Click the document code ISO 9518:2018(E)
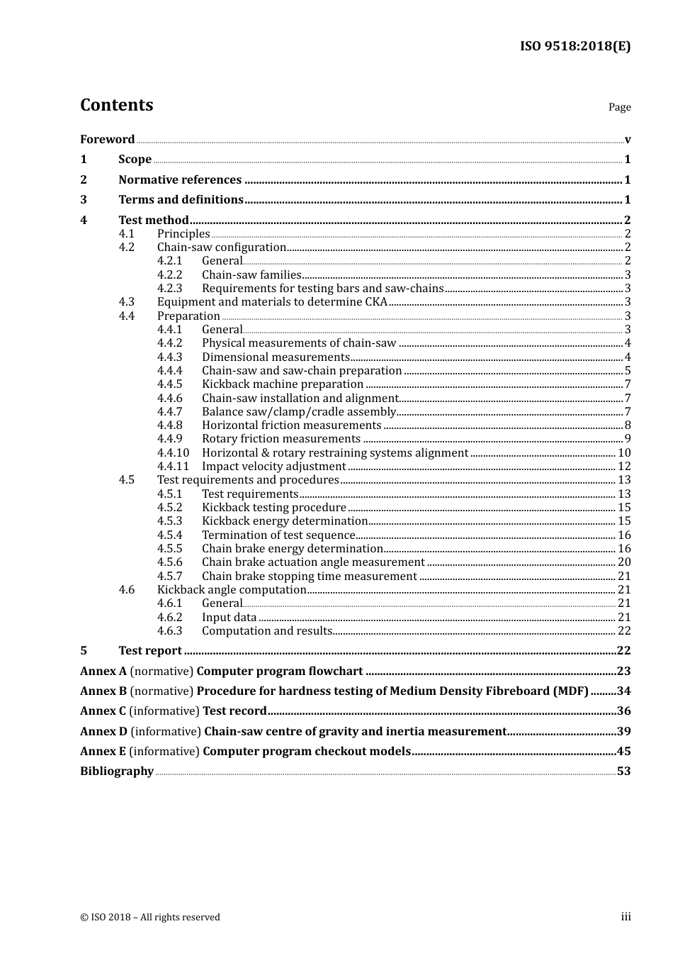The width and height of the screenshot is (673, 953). click(575, 46)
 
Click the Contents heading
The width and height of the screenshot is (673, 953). click(116, 105)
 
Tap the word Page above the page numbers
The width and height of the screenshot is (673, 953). click(619, 107)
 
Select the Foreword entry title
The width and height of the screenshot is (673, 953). click(107, 139)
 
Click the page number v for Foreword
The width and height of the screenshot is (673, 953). click(628, 139)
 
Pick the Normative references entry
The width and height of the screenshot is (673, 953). click(180, 179)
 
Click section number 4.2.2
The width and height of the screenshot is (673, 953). click(169, 274)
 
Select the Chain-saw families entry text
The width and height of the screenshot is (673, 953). click(251, 274)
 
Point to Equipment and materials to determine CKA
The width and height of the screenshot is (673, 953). click(272, 302)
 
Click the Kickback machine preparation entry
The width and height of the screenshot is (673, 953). click(283, 384)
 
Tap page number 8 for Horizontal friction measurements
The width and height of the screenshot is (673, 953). click(628, 425)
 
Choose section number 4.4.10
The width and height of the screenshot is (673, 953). click(173, 452)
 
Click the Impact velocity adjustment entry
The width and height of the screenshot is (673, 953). click(273, 467)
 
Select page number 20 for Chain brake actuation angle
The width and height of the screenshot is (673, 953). click(624, 562)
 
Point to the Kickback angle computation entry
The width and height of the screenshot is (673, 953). click(232, 590)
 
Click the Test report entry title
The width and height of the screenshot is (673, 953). click(150, 651)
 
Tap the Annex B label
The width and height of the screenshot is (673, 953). click(103, 691)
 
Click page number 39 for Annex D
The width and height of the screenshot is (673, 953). click(623, 732)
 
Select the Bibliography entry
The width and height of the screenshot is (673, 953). click(117, 771)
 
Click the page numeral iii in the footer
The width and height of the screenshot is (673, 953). click(626, 917)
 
